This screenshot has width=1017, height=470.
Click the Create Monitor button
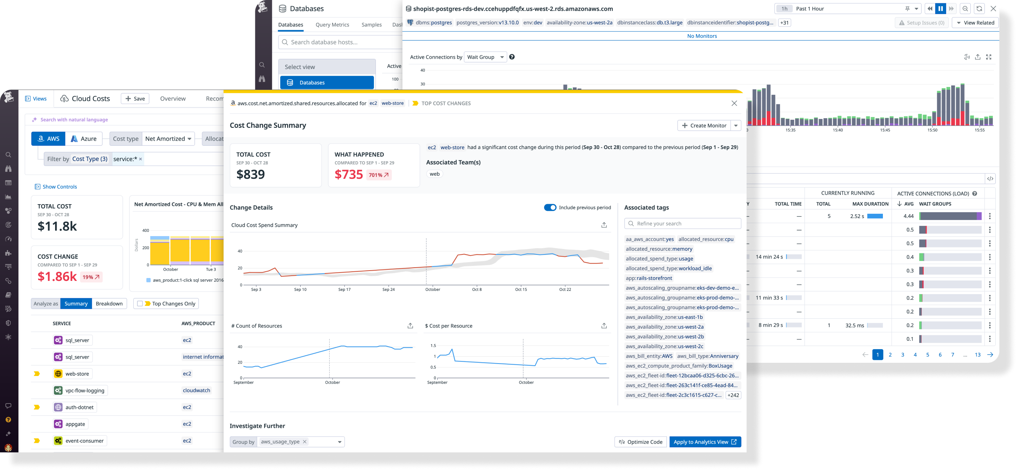(704, 126)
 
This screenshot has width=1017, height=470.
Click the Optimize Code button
(640, 442)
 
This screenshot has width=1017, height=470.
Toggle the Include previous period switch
(550, 207)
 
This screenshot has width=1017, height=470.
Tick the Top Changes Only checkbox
(140, 303)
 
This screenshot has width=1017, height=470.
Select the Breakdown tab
(109, 303)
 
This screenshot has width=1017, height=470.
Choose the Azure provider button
(84, 139)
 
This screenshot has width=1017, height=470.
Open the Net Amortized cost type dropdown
(168, 139)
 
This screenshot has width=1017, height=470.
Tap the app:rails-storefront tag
(648, 278)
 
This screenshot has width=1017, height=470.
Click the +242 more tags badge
(733, 395)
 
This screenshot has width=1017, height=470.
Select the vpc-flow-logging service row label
(85, 391)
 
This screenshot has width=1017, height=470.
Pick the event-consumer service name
(85, 441)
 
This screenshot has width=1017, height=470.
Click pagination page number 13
(978, 355)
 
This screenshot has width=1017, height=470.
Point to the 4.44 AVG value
(909, 216)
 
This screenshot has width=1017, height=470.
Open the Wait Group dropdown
(485, 57)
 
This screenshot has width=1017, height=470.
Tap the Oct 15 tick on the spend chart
(521, 289)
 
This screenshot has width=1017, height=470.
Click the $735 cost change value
(349, 174)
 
